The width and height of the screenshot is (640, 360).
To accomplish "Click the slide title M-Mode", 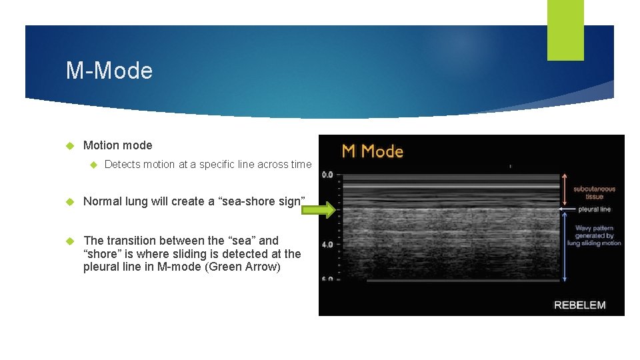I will coord(109,71).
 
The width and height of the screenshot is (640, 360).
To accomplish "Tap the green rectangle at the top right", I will coord(565,29).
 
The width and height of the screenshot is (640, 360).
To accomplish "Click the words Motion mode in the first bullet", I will coord(117,145).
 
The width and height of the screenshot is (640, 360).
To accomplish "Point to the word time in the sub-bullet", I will coord(301,164).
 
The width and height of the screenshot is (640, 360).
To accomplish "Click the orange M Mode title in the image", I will coord(373,151).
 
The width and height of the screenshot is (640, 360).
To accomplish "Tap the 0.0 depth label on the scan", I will coord(328,175).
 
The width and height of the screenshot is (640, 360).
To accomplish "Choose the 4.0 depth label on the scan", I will coord(328,245).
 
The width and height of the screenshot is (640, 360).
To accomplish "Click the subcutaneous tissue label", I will coord(594,193).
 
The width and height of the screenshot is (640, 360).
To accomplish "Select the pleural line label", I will coord(594,209).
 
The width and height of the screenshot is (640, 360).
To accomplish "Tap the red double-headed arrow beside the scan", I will coord(564,190).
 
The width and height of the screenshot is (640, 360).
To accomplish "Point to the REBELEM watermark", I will coord(580,305).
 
